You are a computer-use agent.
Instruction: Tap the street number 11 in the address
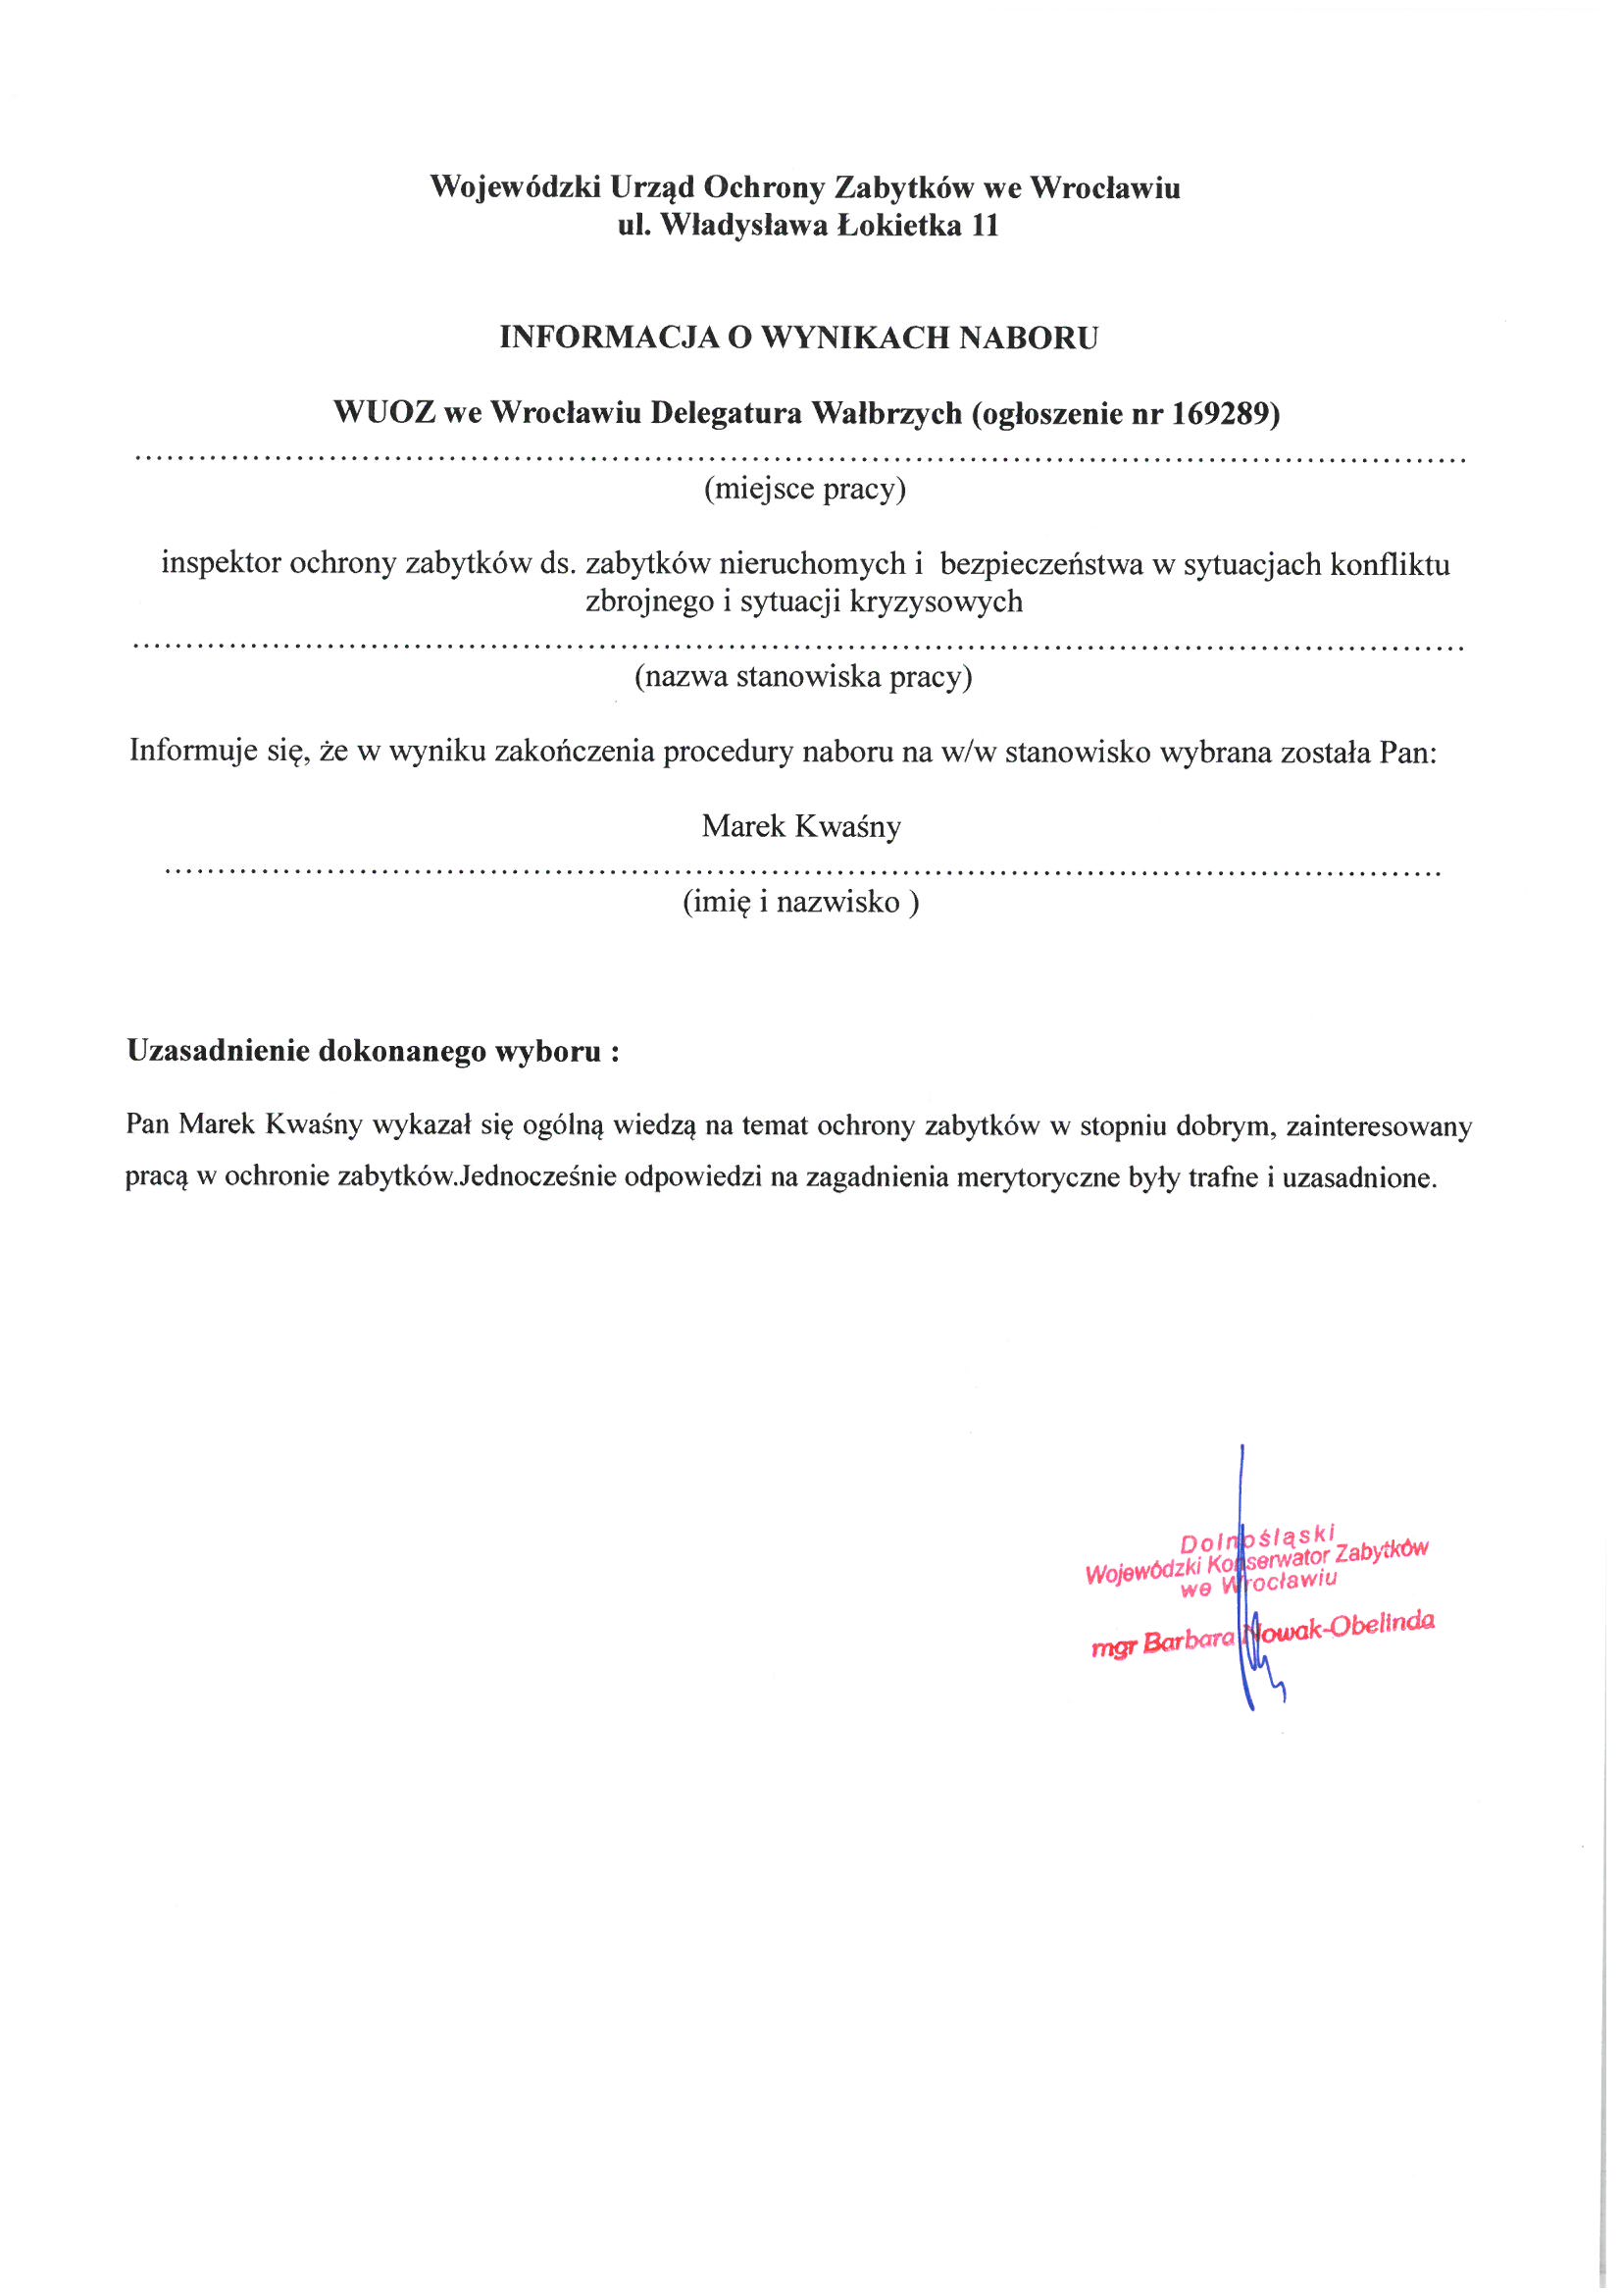985,226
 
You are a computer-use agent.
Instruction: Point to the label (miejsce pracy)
805,490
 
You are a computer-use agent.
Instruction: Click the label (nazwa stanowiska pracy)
803,677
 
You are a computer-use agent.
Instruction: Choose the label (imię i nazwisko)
800,903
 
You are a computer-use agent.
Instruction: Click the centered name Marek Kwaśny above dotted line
801,826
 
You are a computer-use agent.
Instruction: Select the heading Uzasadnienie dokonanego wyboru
373,1051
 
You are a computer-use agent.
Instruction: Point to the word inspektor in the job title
221,564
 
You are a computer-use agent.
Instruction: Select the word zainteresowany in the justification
1379,1127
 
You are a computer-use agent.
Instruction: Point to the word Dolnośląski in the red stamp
1256,1538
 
